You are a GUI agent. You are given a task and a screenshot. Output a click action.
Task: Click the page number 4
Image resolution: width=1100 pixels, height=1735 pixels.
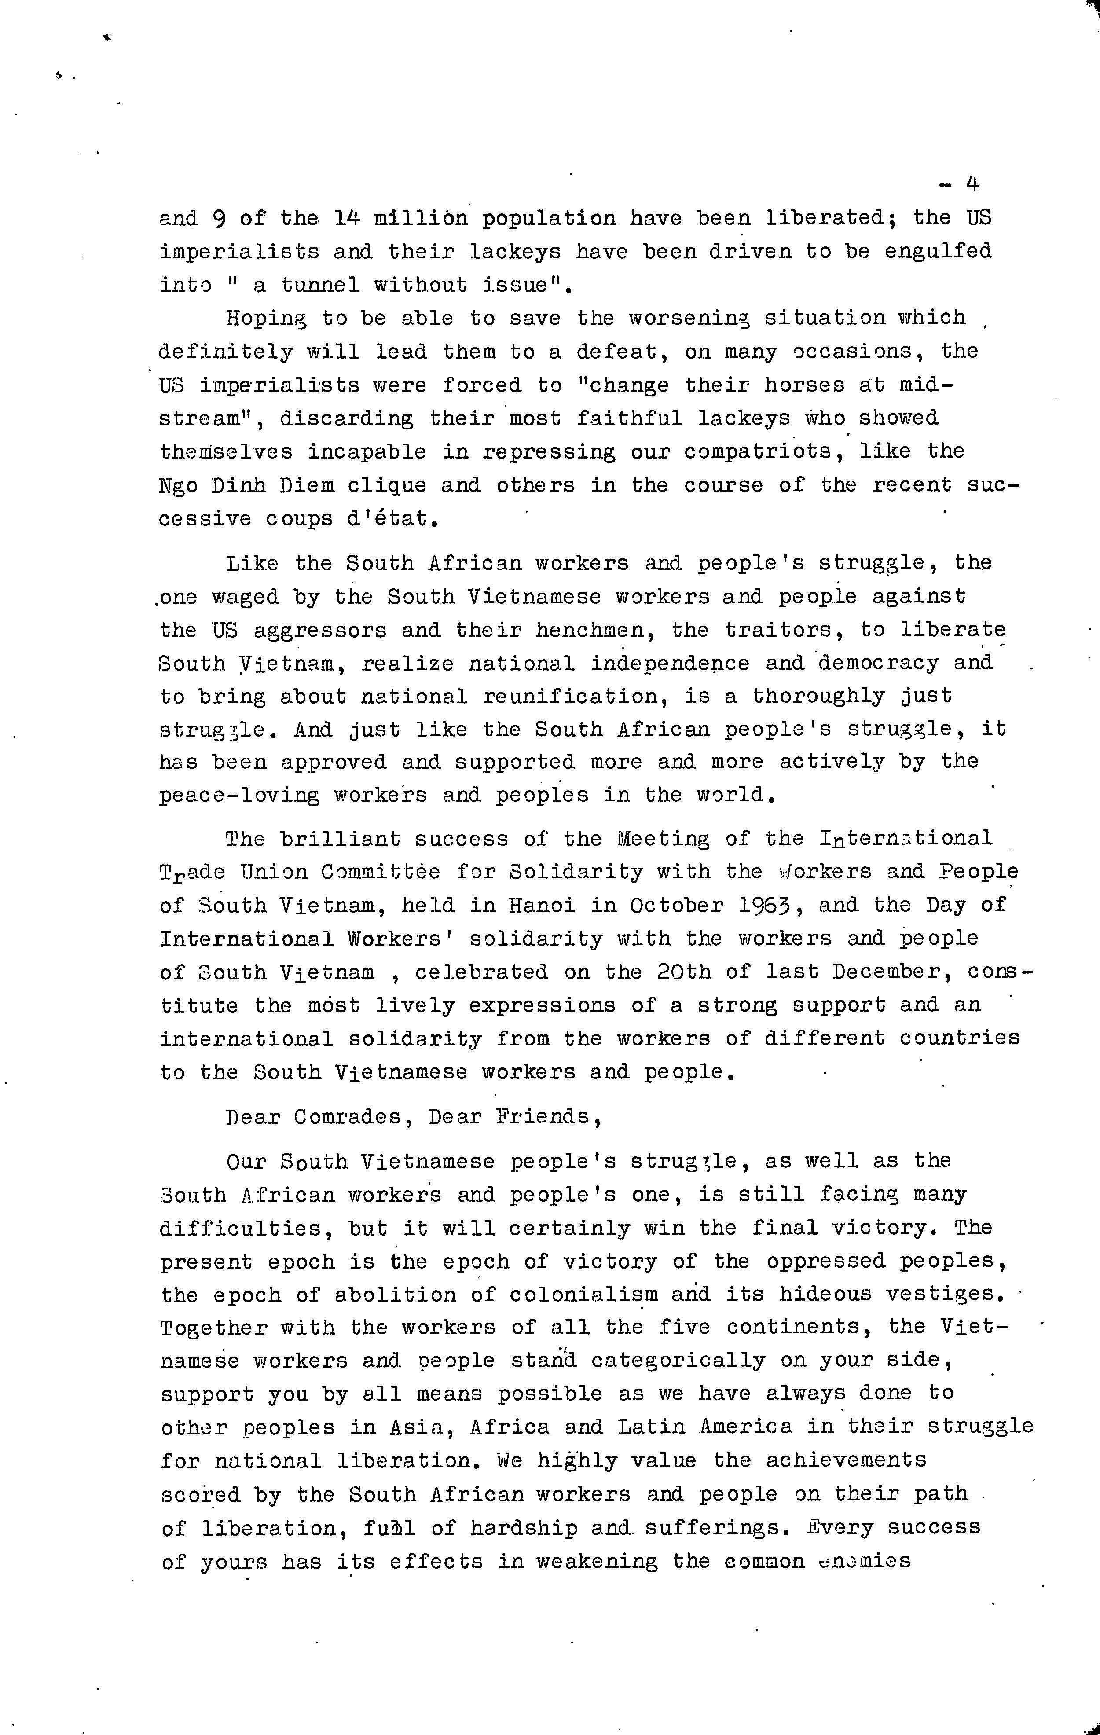pyautogui.click(x=972, y=184)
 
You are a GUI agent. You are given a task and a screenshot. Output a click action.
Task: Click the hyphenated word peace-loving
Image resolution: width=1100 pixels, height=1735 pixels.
pyautogui.click(x=239, y=796)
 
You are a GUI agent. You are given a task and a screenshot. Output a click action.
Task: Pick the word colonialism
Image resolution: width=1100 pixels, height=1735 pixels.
pyautogui.click(x=583, y=1295)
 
